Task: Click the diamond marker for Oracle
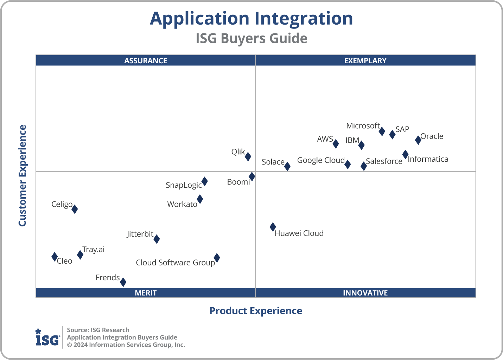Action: click(418, 140)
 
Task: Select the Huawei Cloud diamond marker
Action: click(273, 227)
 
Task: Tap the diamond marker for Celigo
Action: click(75, 209)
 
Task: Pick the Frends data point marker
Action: click(123, 282)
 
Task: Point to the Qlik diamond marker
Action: click(248, 156)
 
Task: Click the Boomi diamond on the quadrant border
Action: click(252, 176)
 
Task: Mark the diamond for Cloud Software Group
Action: click(217, 258)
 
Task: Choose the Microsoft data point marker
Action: click(382, 131)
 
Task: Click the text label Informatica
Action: click(428, 159)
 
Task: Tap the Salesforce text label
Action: click(384, 161)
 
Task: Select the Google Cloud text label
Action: click(321, 160)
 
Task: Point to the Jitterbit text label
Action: click(140, 234)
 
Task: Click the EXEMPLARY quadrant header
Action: click(365, 61)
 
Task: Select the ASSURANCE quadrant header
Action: click(146, 61)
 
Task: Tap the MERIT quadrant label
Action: click(146, 293)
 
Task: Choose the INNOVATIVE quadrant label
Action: click(365, 293)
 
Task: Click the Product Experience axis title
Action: click(256, 311)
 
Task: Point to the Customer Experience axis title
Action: click(23, 176)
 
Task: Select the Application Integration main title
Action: click(251, 18)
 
